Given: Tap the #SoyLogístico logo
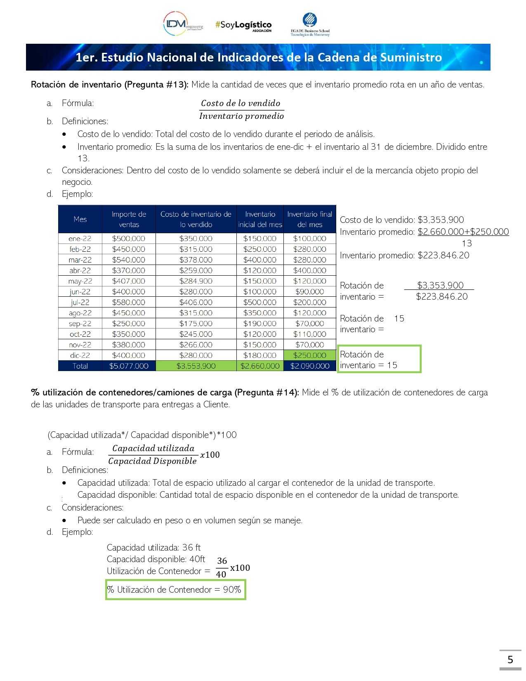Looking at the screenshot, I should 243,26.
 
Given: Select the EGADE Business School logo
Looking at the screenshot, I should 310,25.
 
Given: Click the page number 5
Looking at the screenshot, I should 510,660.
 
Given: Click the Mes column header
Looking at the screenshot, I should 80,219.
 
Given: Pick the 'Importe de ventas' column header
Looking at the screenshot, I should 129,219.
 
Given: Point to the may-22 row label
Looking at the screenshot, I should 80,281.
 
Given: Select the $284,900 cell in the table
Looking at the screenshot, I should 196,281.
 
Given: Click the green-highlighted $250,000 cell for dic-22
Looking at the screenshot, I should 310,355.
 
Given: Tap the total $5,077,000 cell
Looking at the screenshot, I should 129,366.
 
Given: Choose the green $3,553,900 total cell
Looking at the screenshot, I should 196,366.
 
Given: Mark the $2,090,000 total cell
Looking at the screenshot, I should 310,366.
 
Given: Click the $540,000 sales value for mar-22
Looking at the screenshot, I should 129,260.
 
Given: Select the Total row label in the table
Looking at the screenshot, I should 80,366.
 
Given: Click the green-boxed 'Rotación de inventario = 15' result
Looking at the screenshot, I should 379,359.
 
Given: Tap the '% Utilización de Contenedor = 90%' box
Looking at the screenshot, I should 175,590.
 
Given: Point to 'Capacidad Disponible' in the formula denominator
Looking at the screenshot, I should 153,461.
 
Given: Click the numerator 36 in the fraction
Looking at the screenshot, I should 222,561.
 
